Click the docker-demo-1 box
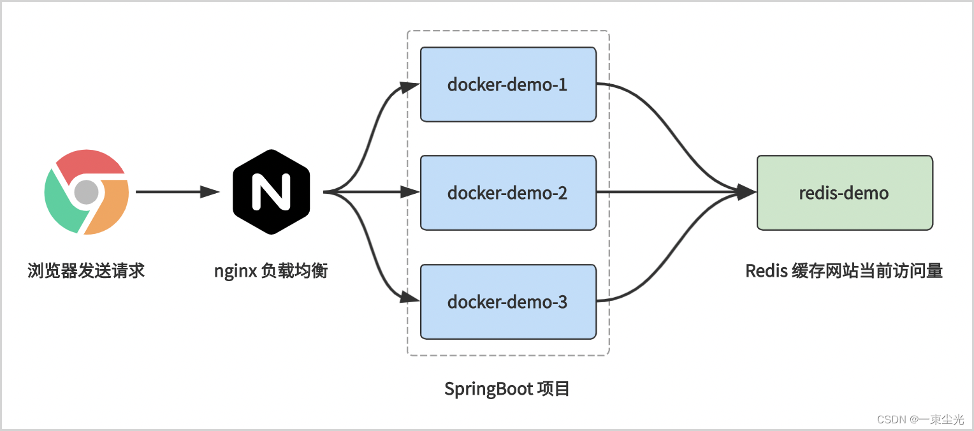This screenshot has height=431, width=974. pyautogui.click(x=508, y=84)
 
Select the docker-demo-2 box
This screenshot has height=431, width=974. pyautogui.click(x=508, y=193)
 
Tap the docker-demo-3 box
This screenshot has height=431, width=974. pyautogui.click(x=508, y=302)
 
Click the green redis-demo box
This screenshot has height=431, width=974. pyautogui.click(x=844, y=193)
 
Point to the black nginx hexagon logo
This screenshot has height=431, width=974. pyautogui.click(x=271, y=191)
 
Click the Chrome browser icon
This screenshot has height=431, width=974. pyautogui.click(x=87, y=191)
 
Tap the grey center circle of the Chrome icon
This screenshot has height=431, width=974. pyautogui.click(x=87, y=191)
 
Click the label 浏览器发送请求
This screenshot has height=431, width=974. pyautogui.click(x=87, y=271)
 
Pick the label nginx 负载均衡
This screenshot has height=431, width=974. pyautogui.click(x=271, y=271)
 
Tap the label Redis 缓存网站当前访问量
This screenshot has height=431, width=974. pyautogui.click(x=844, y=271)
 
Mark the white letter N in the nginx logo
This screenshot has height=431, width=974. pyautogui.click(x=271, y=191)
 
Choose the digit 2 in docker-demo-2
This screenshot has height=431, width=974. pyautogui.click(x=562, y=193)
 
